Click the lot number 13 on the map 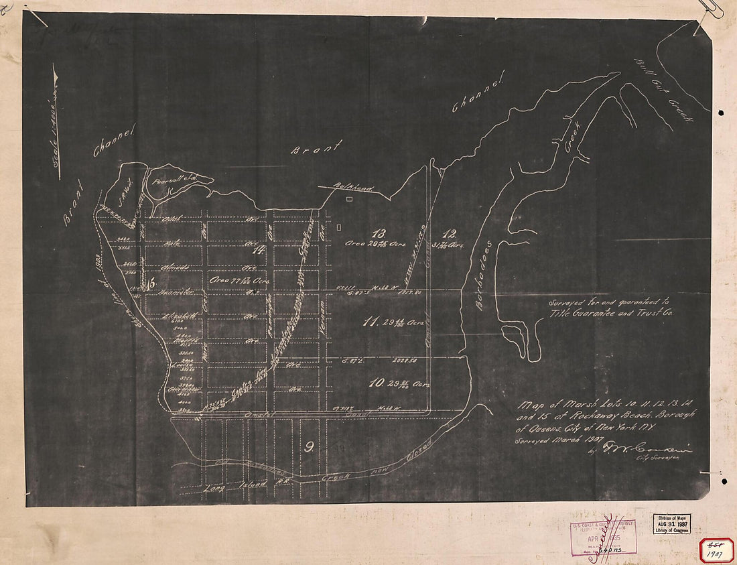coord(380,234)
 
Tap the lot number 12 coord(449,234)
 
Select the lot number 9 coord(309,448)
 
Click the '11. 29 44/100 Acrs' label coord(395,323)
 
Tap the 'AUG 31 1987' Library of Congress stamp coord(671,523)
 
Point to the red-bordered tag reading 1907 coord(716,550)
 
